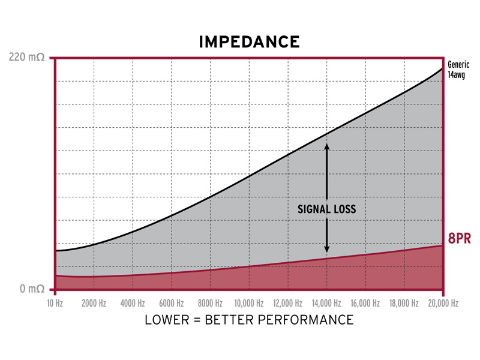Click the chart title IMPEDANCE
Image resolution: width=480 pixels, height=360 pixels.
[249, 41]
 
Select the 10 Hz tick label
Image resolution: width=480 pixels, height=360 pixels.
[55, 303]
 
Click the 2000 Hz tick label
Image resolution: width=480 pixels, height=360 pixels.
[94, 303]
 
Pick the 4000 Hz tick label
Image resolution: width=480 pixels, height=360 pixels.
[132, 303]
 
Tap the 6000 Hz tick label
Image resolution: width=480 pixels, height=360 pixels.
[171, 303]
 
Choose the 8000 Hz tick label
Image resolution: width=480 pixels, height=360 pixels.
[209, 303]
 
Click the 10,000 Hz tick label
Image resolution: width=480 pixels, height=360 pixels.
[249, 303]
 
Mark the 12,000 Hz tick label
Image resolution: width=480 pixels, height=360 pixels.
[287, 303]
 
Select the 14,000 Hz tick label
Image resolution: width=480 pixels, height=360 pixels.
[326, 303]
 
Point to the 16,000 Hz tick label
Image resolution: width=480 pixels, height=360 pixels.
[365, 303]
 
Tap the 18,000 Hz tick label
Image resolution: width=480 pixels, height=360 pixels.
[403, 303]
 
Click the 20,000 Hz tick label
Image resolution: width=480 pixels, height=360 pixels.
[442, 303]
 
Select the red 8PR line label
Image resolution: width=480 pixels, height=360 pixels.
[459, 239]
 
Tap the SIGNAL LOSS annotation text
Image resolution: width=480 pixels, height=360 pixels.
[327, 209]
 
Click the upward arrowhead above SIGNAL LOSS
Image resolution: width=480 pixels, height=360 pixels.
[327, 146]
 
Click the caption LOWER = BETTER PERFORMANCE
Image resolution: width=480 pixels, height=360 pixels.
[249, 319]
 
